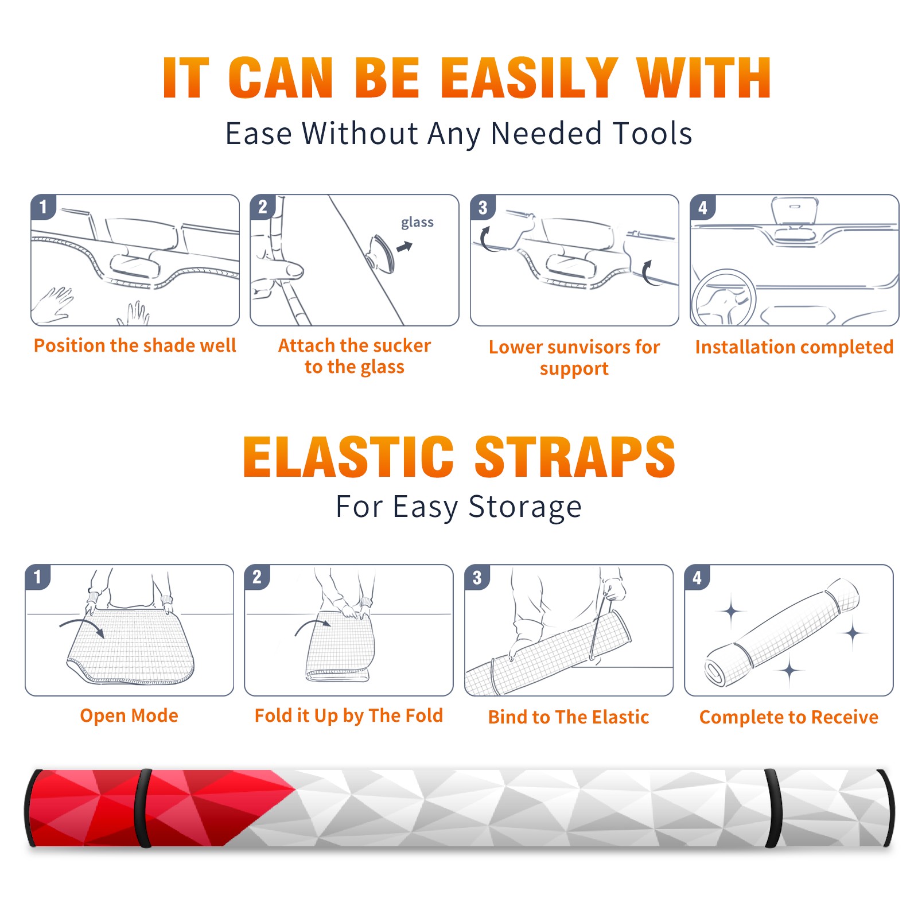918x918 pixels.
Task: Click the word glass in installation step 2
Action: (x=417, y=223)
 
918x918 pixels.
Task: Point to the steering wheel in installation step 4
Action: (x=723, y=297)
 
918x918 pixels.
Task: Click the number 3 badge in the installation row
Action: (x=483, y=207)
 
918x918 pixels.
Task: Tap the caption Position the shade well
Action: (x=135, y=345)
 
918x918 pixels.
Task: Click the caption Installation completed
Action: (x=794, y=347)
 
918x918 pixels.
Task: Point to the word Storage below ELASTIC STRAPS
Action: (x=525, y=507)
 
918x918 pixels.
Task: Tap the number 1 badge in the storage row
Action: (x=37, y=577)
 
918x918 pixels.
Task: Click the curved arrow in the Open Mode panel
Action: (x=83, y=626)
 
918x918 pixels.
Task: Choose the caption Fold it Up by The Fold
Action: (x=349, y=715)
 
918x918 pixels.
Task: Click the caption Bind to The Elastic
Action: (x=569, y=717)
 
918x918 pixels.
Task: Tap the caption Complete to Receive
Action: (x=789, y=717)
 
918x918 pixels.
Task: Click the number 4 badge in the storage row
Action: (x=697, y=577)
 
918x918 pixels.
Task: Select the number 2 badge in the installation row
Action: (x=262, y=207)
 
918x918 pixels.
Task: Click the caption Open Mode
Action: (x=129, y=715)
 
